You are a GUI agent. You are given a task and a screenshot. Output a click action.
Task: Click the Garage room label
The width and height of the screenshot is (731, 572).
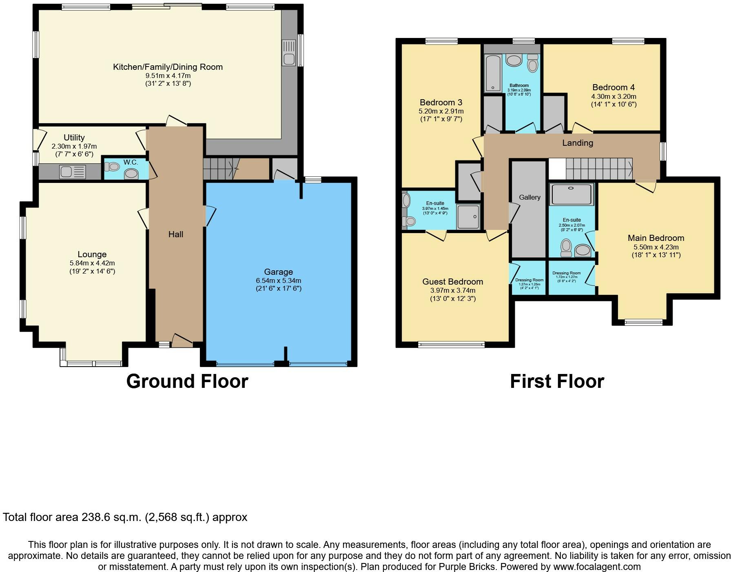[278, 272]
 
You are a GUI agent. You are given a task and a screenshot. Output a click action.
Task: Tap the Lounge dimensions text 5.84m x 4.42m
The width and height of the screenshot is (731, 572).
[92, 263]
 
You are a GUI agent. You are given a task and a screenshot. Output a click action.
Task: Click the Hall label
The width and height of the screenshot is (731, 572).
[176, 234]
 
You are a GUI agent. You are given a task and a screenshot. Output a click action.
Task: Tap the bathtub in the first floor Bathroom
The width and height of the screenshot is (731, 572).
[494, 73]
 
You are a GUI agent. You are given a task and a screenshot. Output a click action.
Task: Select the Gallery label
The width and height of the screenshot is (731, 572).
[529, 198]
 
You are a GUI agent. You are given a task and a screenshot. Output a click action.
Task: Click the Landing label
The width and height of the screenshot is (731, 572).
[577, 143]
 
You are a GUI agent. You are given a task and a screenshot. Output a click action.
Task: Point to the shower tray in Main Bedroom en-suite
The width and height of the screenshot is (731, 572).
[571, 194]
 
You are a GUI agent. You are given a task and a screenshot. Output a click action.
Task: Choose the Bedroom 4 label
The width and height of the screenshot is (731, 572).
[614, 87]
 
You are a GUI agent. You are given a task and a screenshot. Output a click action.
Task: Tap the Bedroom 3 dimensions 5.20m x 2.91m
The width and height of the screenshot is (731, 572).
[441, 111]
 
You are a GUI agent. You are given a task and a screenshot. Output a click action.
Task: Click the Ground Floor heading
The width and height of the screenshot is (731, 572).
[187, 381]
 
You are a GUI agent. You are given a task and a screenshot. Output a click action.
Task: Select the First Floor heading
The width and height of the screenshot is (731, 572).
[557, 381]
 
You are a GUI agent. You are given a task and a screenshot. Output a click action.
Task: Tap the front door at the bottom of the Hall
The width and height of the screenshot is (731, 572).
[182, 341]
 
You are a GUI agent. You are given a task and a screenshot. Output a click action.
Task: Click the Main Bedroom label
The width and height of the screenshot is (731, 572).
[656, 238]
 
